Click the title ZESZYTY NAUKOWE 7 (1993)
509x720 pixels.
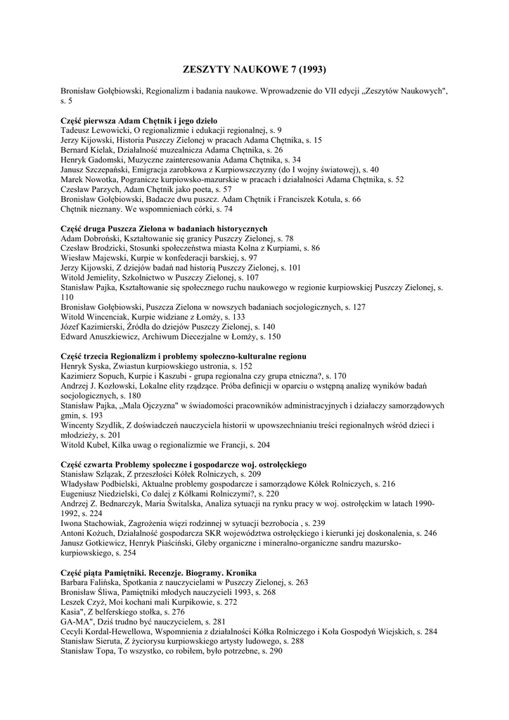click(254, 70)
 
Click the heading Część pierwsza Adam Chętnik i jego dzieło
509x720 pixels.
click(138, 120)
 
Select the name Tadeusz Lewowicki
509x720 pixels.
click(91, 130)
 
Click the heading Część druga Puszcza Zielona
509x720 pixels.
click(164, 229)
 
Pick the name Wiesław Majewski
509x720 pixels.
click(92, 258)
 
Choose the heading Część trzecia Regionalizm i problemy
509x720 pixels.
click(183, 356)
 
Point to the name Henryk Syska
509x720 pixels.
click(83, 366)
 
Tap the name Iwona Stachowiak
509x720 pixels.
click(92, 523)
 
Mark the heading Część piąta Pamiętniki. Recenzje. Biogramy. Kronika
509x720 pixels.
click(158, 572)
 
